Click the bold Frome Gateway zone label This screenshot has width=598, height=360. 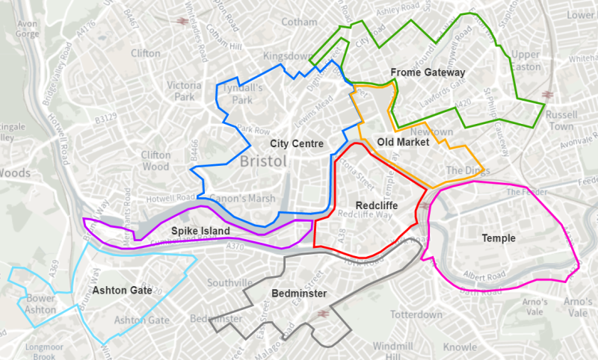tap(428, 72)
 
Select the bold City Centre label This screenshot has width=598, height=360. tap(297, 143)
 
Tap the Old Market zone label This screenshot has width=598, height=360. tap(403, 141)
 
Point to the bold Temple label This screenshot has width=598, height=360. tap(498, 238)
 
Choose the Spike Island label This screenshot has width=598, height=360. tap(200, 231)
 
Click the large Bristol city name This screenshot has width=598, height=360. tap(264, 161)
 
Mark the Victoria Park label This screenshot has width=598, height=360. tap(185, 90)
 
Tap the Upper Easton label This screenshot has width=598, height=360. tap(525, 60)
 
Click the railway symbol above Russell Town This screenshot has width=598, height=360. tap(548, 95)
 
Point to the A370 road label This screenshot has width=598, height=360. tap(235, 246)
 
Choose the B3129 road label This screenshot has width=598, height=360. tap(106, 117)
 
